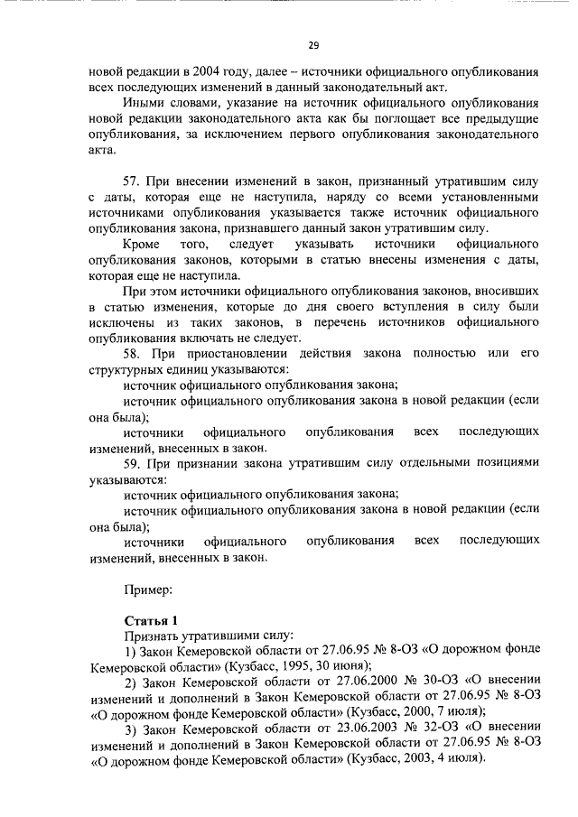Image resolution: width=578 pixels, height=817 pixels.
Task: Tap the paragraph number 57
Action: [x=131, y=182]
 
